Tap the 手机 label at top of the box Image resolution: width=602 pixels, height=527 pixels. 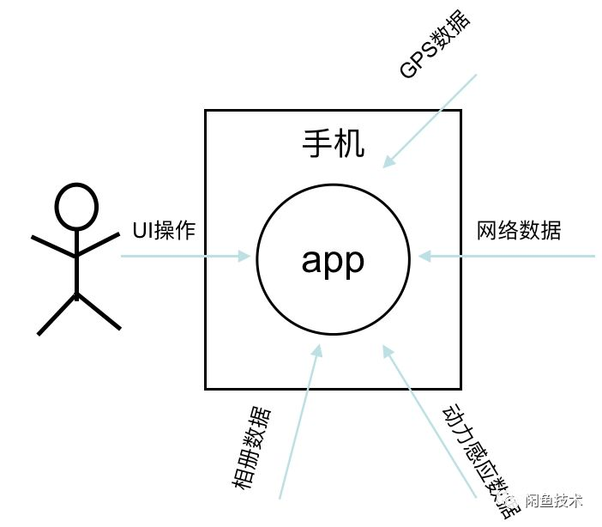tap(334, 143)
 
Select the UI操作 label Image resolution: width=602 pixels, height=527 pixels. tap(164, 231)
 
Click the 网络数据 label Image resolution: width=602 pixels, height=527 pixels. tap(519, 230)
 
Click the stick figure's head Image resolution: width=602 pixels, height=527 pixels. tap(77, 205)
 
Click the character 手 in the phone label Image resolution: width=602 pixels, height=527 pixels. tap(317, 143)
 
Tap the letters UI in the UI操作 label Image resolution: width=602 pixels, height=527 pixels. tap(141, 231)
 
